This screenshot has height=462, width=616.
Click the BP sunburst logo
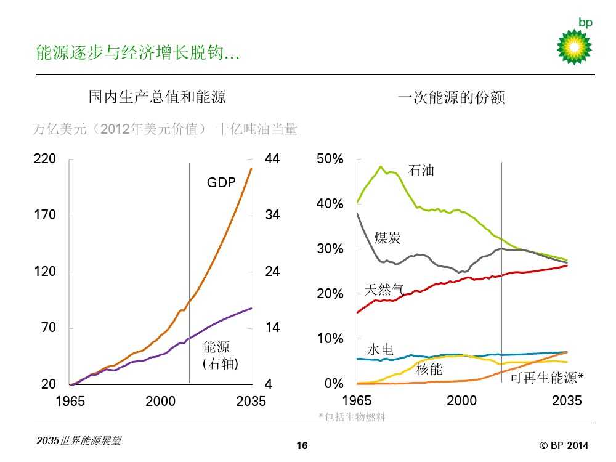(574, 46)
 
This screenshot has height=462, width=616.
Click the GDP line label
(221, 182)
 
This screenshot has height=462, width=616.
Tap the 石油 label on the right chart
(421, 171)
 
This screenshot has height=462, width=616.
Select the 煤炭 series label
(387, 238)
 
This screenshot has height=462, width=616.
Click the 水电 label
(381, 350)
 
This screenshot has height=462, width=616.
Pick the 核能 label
(429, 369)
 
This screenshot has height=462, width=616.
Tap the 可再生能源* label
(546, 378)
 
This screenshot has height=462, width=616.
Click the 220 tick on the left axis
(44, 159)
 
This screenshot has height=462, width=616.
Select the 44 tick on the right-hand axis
(272, 159)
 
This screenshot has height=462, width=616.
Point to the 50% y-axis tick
(330, 159)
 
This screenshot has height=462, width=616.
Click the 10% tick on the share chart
(330, 339)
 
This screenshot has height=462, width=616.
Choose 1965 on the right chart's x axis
(357, 402)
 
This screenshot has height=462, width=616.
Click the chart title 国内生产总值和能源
(157, 97)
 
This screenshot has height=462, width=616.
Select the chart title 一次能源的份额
(452, 97)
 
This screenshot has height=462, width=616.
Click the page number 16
(302, 446)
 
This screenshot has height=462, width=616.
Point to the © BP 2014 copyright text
(564, 445)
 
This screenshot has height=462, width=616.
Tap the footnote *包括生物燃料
(352, 417)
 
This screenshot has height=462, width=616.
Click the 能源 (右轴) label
(220, 355)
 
